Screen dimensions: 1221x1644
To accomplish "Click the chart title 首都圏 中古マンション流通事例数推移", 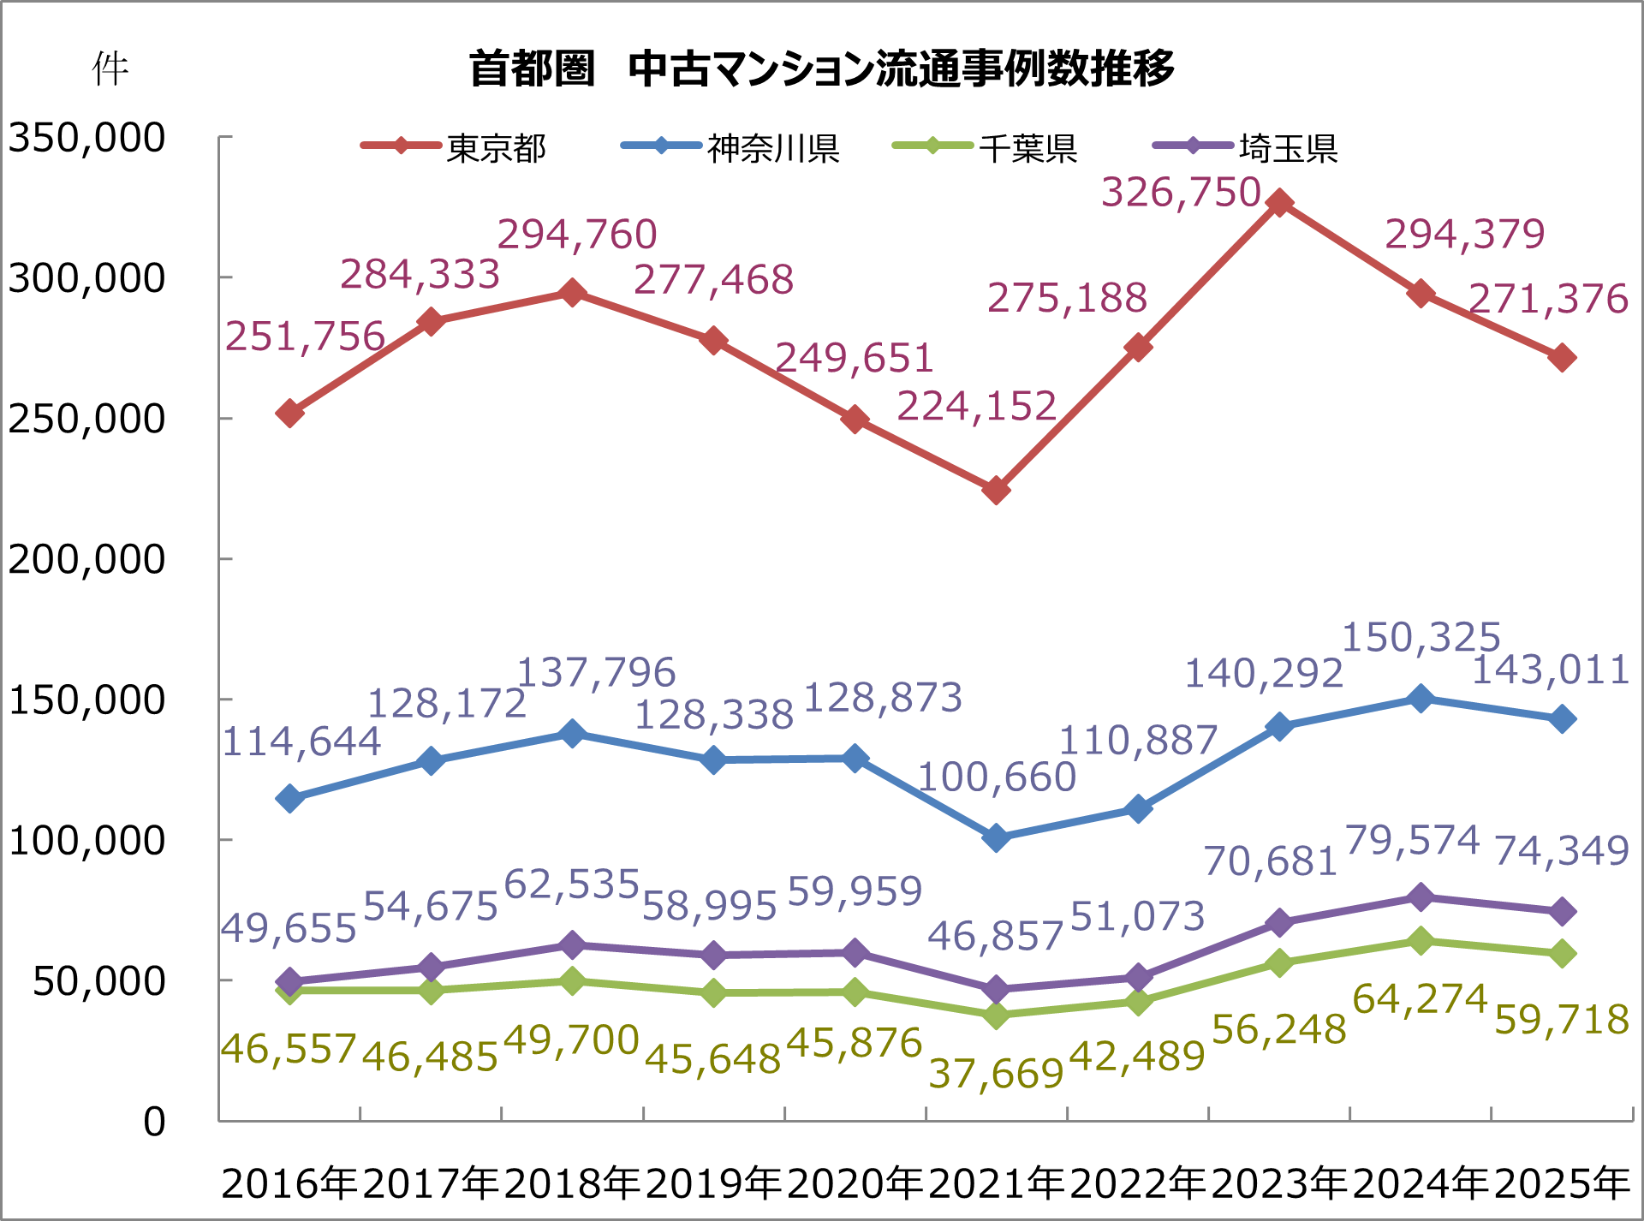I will pos(822,68).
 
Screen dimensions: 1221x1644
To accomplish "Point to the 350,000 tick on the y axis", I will pos(86,138).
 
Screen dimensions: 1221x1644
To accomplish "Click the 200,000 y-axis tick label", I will pos(86,559).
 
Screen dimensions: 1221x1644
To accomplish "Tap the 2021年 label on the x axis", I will pos(996,1183).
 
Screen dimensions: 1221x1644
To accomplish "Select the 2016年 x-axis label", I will pos(289,1183).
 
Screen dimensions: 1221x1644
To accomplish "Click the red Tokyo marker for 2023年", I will pos(1279,203).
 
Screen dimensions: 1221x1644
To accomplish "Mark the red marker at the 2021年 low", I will pos(996,491).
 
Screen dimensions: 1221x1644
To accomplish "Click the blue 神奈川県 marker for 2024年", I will pos(1421,698).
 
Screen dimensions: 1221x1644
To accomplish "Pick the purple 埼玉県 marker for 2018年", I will pos(572,945).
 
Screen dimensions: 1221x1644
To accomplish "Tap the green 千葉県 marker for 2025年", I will pos(1562,953).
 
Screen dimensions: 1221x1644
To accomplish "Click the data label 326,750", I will pos(1181,193).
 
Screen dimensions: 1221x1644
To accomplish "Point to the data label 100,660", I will pos(997,777).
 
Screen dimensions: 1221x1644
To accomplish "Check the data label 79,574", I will pos(1412,840).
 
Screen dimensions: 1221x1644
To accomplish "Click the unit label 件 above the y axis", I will pos(110,68).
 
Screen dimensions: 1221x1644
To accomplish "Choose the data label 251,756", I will pos(305,337).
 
